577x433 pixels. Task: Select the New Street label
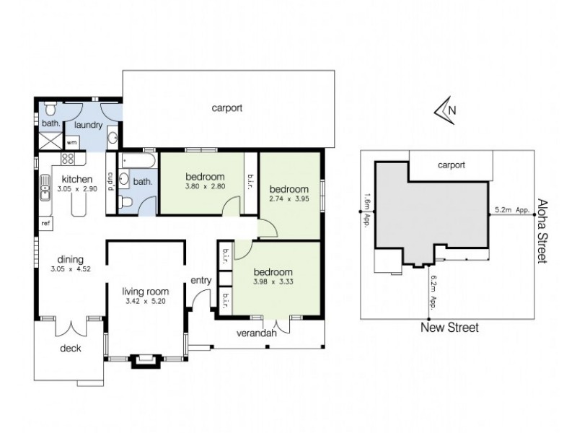[x=450, y=328]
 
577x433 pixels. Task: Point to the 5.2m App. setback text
[x=513, y=211]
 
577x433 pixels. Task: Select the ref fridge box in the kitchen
[x=45, y=223]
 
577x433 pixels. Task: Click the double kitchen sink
[x=43, y=191]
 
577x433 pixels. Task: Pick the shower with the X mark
[x=49, y=141]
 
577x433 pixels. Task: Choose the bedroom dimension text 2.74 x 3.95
[x=288, y=198]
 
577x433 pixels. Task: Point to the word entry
[x=201, y=280]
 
